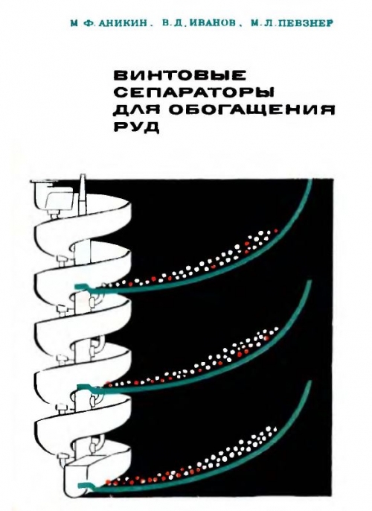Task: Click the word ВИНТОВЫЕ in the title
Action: tap(179, 75)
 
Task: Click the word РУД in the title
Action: tap(136, 127)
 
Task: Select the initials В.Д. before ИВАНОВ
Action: tap(170, 24)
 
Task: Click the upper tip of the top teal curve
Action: tap(310, 180)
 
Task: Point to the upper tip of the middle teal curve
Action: tap(309, 282)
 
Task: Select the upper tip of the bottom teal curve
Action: tap(311, 381)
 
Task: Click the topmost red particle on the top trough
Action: tap(276, 231)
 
